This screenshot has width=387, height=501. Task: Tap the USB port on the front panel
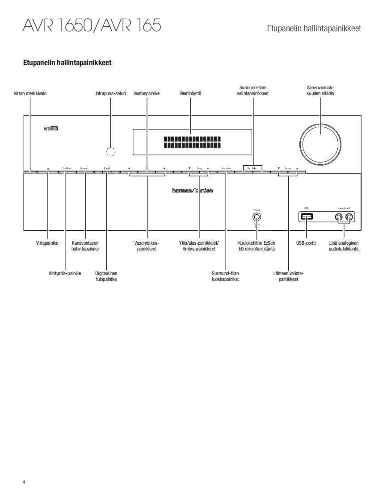click(307, 217)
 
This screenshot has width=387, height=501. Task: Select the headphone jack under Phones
click(257, 217)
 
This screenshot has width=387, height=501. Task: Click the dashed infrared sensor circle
click(110, 151)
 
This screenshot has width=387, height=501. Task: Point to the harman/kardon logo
click(193, 190)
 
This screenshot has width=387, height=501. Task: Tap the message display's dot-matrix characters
click(190, 142)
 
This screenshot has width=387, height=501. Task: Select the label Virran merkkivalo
click(30, 94)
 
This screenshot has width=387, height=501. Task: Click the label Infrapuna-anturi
click(110, 94)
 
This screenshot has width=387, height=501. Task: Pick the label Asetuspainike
click(147, 94)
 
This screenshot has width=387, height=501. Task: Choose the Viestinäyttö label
click(190, 94)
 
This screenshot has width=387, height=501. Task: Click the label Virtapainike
click(47, 243)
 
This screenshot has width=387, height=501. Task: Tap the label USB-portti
click(306, 243)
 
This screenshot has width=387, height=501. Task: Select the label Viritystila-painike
click(65, 273)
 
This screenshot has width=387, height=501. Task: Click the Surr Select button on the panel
click(252, 168)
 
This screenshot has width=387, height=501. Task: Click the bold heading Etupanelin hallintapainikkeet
click(67, 63)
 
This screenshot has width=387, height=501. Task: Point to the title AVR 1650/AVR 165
click(92, 26)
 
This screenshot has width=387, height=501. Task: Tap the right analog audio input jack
click(349, 217)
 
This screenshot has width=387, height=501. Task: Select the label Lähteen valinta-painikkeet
click(288, 276)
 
